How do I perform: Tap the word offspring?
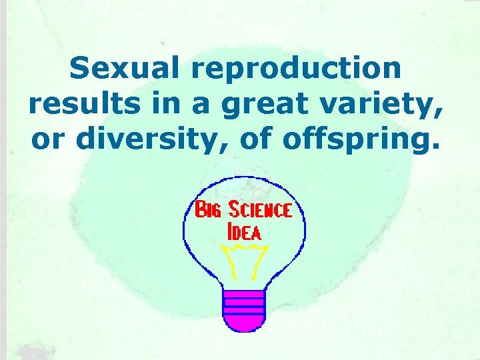coord(360,141)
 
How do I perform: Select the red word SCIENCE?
coord(260,210)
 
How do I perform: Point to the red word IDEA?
coord(244,233)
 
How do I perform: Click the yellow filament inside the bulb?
coord(244,260)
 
